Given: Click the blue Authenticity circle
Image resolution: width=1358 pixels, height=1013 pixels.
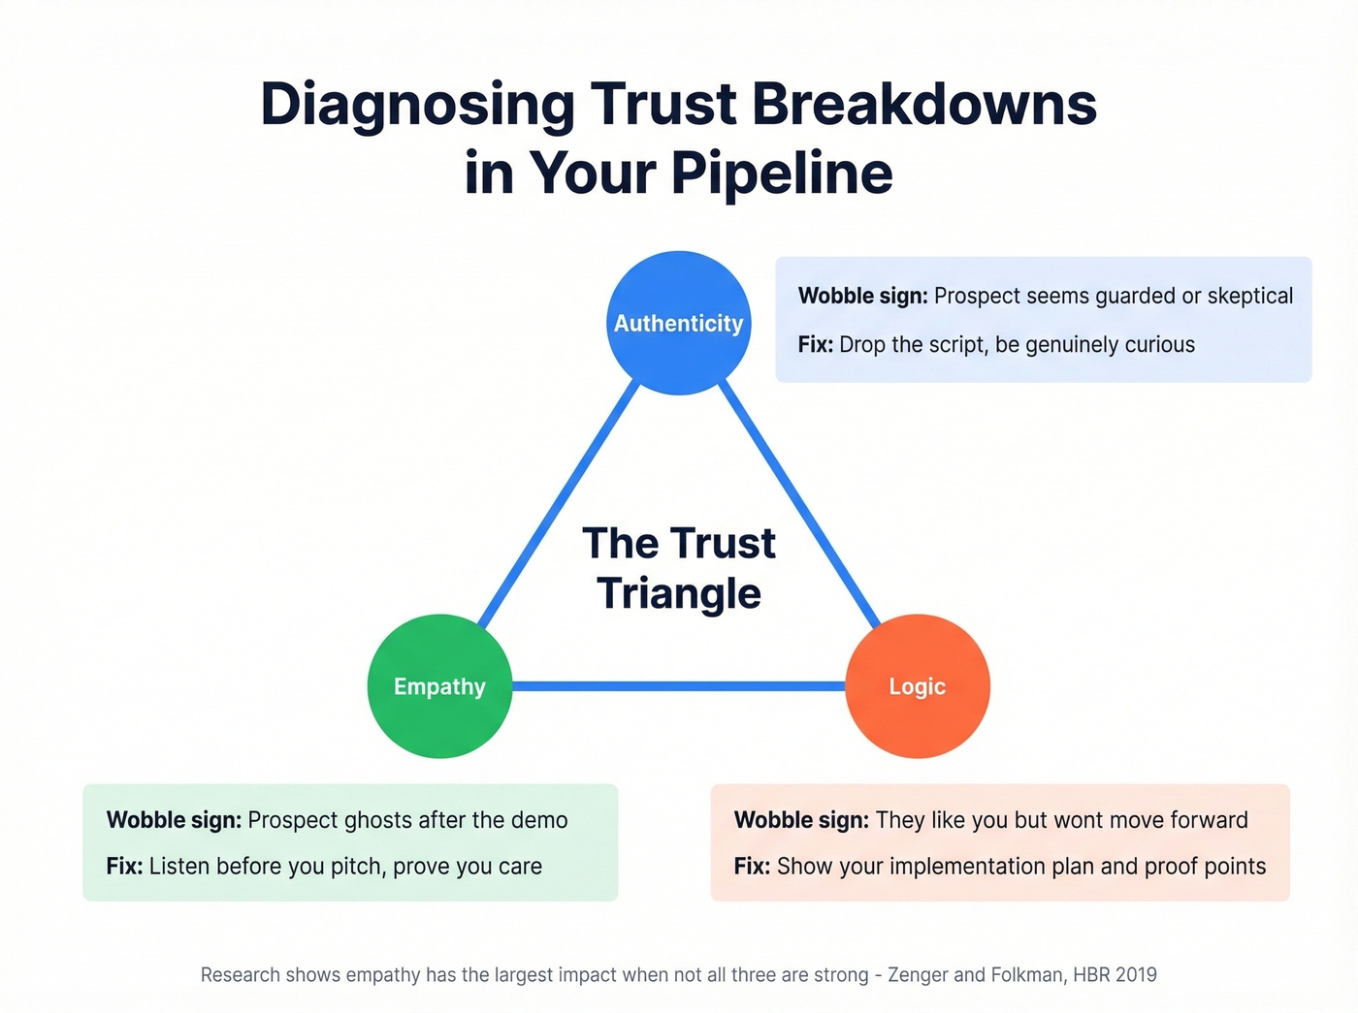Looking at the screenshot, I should pos(679,323).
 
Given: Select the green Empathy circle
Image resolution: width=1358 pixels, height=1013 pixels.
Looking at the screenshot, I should pos(439,686).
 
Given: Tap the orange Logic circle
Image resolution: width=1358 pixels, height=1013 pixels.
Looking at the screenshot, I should pos(918,686).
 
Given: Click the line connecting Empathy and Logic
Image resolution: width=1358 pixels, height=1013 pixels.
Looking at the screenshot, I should pos(679,686).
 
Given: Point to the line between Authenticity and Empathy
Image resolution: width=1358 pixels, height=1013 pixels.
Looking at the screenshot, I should pos(560,504).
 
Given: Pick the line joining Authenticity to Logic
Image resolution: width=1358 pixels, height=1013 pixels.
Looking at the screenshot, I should pos(800,504).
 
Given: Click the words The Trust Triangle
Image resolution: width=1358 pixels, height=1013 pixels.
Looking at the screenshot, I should pos(679,568).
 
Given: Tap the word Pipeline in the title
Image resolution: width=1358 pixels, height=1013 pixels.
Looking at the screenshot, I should pos(781,174).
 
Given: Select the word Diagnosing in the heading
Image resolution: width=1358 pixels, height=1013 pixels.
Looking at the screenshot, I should pos(417,105).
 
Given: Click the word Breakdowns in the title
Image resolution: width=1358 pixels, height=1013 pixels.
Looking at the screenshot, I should pos(923,105).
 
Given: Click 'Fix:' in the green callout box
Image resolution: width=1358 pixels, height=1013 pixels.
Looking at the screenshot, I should pos(124,867).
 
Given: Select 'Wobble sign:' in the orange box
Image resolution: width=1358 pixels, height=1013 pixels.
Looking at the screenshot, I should pos(801,820).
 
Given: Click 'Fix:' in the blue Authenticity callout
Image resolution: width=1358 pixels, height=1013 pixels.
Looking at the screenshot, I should pos(815,345).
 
